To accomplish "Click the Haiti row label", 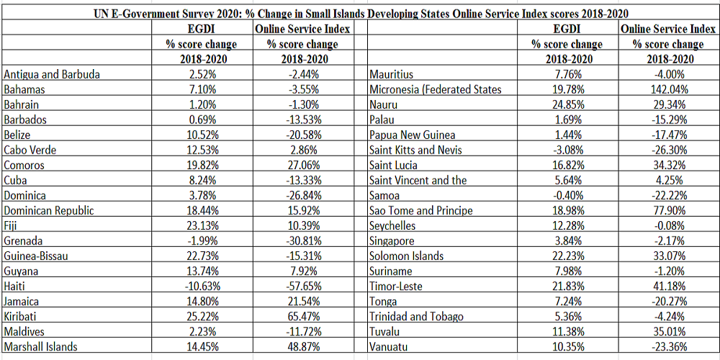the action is pyautogui.click(x=14, y=286).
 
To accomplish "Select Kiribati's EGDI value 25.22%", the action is pyautogui.click(x=202, y=316).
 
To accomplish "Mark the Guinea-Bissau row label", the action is pyautogui.click(x=36, y=256).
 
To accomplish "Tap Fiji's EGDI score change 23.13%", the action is pyautogui.click(x=202, y=226).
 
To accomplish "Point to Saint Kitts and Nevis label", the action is pyautogui.click(x=415, y=150).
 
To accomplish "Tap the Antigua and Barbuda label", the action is pyautogui.click(x=52, y=74).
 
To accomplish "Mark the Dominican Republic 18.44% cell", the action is pyautogui.click(x=202, y=211).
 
